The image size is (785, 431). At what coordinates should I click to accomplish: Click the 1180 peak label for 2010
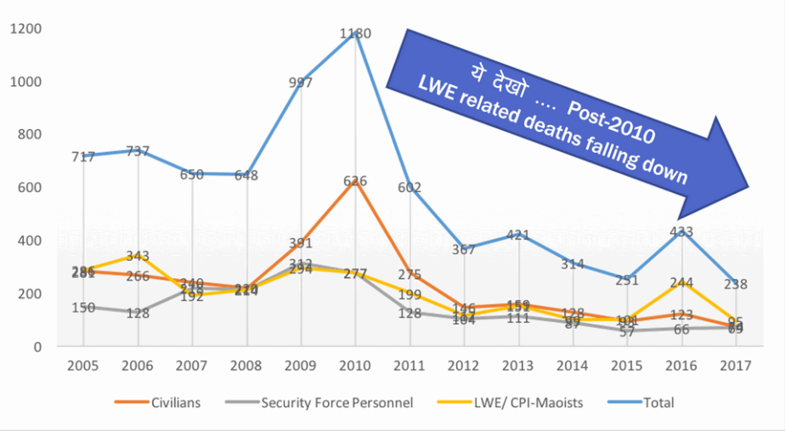(x=355, y=34)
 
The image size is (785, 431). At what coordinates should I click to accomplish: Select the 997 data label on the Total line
(x=301, y=82)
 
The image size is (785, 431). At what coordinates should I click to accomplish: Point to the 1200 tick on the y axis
(x=26, y=29)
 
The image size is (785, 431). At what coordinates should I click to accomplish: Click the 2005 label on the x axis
(x=83, y=366)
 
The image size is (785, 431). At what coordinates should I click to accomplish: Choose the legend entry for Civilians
(x=172, y=402)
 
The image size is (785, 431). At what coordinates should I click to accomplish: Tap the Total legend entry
(x=658, y=402)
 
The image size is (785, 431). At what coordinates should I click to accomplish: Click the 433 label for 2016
(x=682, y=231)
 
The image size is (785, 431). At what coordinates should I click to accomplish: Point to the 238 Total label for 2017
(x=737, y=285)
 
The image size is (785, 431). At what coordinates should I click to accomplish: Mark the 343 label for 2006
(x=138, y=256)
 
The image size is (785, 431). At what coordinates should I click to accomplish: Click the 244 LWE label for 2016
(x=682, y=283)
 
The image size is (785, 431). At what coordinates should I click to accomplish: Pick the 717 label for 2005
(x=83, y=157)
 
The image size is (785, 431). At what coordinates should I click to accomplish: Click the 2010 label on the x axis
(x=355, y=366)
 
